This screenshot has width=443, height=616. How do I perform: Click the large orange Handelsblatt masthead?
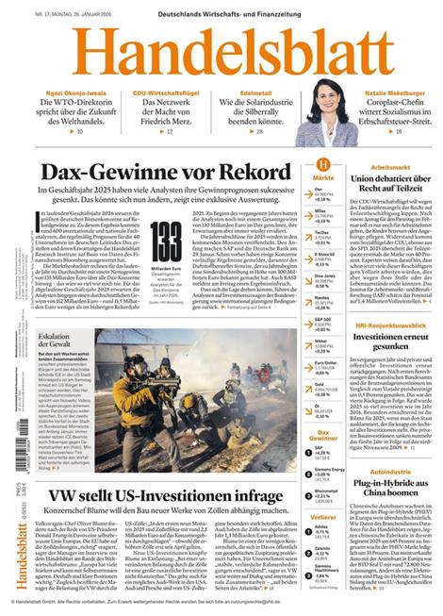coord(221,52)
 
